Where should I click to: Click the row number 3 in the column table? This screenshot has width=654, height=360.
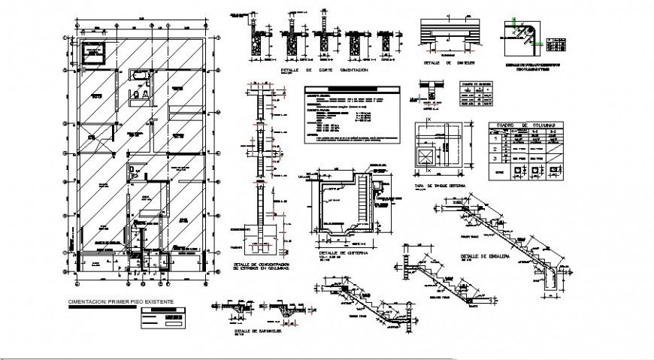[x=495, y=158]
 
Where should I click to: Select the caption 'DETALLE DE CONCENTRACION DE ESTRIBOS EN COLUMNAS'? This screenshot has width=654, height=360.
[x=259, y=268]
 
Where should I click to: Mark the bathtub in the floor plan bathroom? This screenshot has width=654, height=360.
[x=140, y=76]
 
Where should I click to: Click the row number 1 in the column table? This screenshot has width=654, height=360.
[x=495, y=136]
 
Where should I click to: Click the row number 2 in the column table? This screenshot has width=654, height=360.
[x=495, y=147]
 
